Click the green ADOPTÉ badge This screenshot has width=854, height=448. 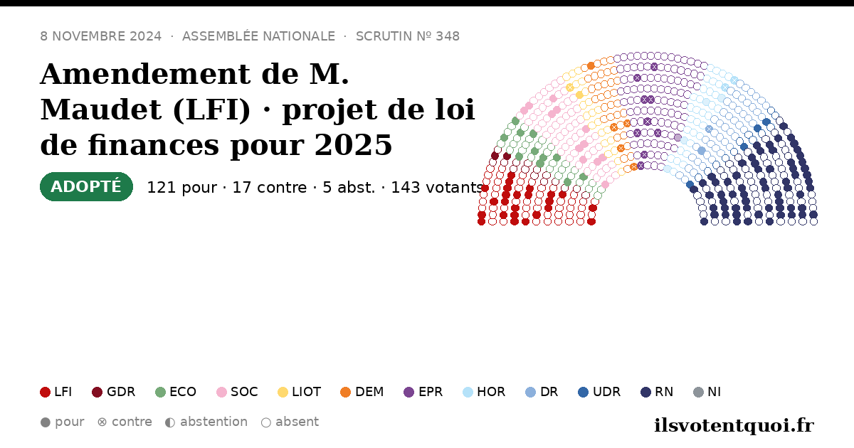click(x=86, y=186)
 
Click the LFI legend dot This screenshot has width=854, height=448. click(x=45, y=392)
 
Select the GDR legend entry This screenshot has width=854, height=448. click(x=114, y=392)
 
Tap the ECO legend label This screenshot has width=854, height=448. click(x=183, y=392)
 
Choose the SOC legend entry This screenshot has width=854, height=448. click(x=237, y=392)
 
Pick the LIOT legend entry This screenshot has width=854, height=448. click(x=300, y=392)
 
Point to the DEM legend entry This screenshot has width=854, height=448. click(x=362, y=392)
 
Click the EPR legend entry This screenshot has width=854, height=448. click(x=423, y=392)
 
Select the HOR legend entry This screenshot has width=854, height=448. click(x=484, y=392)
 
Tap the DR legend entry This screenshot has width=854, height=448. click(x=542, y=392)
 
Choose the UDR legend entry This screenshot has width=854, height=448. click(x=599, y=392)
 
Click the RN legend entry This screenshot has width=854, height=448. click(x=657, y=392)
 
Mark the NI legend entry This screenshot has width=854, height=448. click(x=707, y=392)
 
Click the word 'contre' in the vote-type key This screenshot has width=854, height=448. click(x=132, y=422)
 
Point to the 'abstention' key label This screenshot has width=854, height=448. click(x=214, y=422)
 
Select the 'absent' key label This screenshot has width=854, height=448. click(x=297, y=422)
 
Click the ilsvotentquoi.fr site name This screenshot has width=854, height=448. click(x=734, y=425)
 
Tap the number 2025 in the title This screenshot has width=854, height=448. click(x=354, y=145)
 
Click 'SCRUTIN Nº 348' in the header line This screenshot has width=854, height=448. click(x=408, y=36)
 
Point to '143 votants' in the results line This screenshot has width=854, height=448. click(x=438, y=188)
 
